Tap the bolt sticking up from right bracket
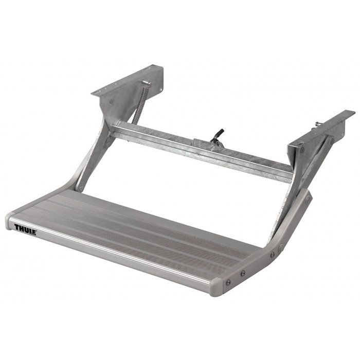[318, 124]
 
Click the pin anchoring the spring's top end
[146, 83]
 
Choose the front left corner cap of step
[9, 221]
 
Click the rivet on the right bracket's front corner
[301, 150]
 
